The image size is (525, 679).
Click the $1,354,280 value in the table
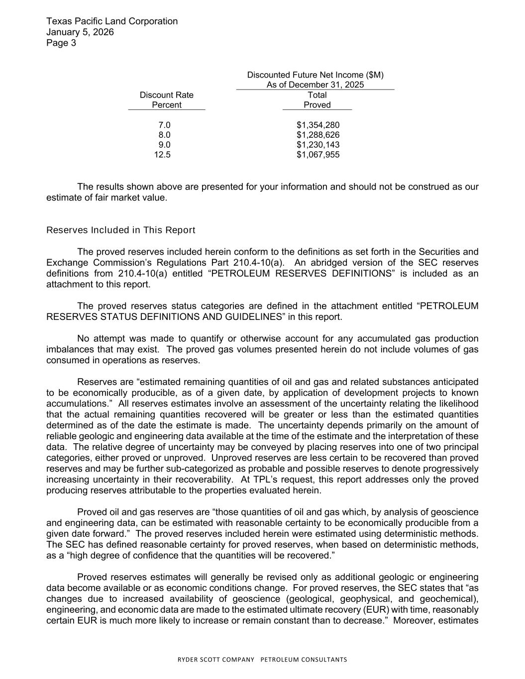point(317,125)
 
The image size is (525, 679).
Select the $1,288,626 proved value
point(317,135)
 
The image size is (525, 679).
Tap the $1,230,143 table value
point(317,145)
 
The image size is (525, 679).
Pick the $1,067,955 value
point(317,155)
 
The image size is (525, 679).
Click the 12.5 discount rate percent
point(162,155)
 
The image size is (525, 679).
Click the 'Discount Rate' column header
point(166,95)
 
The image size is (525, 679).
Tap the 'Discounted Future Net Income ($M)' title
point(315,75)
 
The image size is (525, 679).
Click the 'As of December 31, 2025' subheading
point(315,85)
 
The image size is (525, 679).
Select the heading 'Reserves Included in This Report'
point(120,230)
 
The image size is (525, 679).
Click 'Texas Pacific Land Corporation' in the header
point(111,21)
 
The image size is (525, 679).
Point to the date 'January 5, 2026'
point(80,32)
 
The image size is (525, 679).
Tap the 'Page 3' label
point(61,43)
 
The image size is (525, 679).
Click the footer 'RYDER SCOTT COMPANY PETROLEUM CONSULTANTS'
point(262,660)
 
